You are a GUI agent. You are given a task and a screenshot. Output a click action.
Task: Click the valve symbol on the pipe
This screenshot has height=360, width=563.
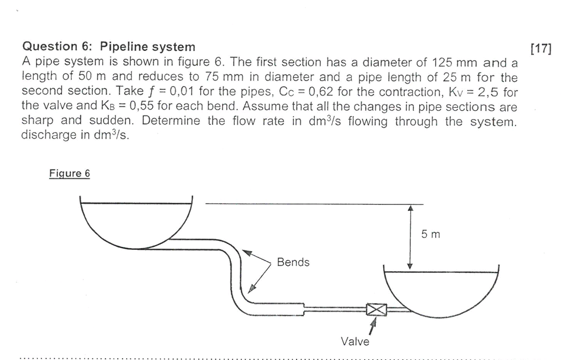coord(376,309)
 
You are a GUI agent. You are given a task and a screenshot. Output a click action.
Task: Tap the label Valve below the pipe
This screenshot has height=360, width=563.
coord(355,342)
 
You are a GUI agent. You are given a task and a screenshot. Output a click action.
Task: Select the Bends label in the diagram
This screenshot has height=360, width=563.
coord(293,262)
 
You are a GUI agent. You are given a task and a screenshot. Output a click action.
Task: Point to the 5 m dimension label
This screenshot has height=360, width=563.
coord(431,234)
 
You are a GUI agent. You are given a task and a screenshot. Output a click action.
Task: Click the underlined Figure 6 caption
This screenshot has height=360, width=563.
coord(70,173)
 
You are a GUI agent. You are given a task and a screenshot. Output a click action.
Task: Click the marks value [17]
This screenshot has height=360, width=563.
coord(541,48)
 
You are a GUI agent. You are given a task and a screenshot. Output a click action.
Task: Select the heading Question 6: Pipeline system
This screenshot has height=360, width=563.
coord(108,46)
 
